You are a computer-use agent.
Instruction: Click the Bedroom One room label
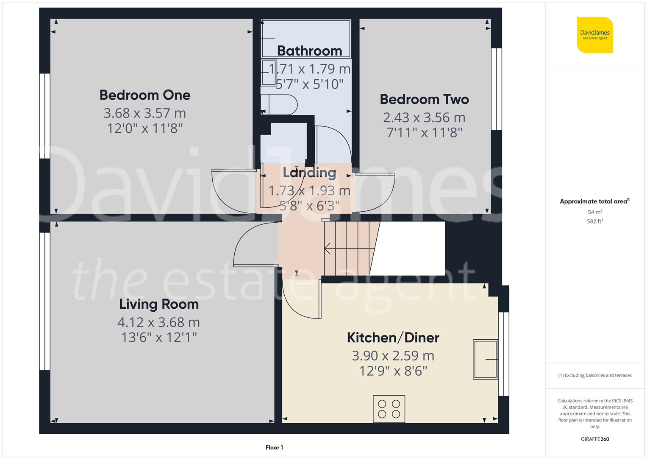pyautogui.click(x=145, y=95)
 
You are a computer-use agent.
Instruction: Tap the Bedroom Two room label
pyautogui.click(x=424, y=99)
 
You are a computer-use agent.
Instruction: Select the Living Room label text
pyautogui.click(x=159, y=304)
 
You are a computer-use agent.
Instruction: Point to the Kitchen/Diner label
pyautogui.click(x=393, y=338)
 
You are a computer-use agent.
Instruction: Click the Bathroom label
pyautogui.click(x=309, y=51)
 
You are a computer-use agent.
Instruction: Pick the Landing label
pyautogui.click(x=309, y=173)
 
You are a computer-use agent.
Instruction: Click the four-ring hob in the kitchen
pyautogui.click(x=389, y=409)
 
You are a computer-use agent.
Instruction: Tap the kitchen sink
pyautogui.click(x=486, y=359)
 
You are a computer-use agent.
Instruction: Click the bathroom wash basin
pyautogui.click(x=269, y=73)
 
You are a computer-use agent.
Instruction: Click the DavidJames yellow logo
pyautogui.click(x=595, y=35)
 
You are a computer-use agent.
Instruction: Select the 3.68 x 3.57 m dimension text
pyautogui.click(x=145, y=113)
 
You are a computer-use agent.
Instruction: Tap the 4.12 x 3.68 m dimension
pyautogui.click(x=159, y=322)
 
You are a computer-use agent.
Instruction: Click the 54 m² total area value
pyautogui.click(x=595, y=212)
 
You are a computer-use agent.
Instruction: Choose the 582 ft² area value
pyautogui.click(x=595, y=221)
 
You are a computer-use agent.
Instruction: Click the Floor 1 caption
pyautogui.click(x=274, y=447)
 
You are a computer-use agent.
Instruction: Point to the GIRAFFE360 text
pyautogui.click(x=595, y=439)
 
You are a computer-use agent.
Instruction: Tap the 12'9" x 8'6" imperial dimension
pyautogui.click(x=393, y=371)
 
